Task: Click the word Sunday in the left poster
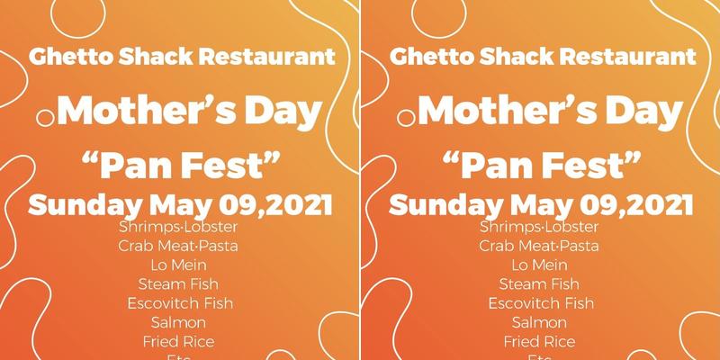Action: tap(85, 204)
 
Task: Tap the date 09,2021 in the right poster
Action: tap(634, 204)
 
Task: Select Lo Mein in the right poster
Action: tap(540, 265)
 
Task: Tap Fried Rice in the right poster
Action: tap(540, 341)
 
